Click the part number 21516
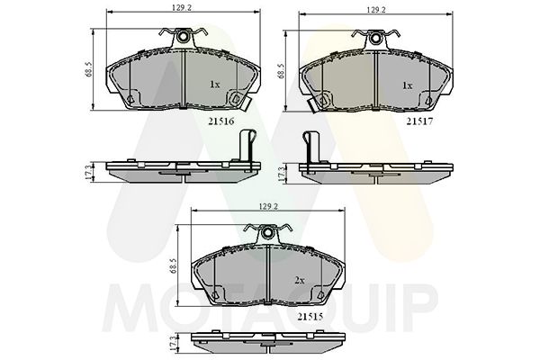tap(221, 121)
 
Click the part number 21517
tap(419, 121)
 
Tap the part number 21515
tap(310, 317)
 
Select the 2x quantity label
tap(300, 281)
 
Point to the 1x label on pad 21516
tap(214, 85)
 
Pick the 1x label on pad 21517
tap(408, 85)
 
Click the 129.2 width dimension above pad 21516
tap(182, 7)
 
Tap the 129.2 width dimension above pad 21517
tap(376, 10)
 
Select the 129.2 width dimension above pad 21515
tap(268, 206)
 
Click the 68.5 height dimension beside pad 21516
tap(88, 69)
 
